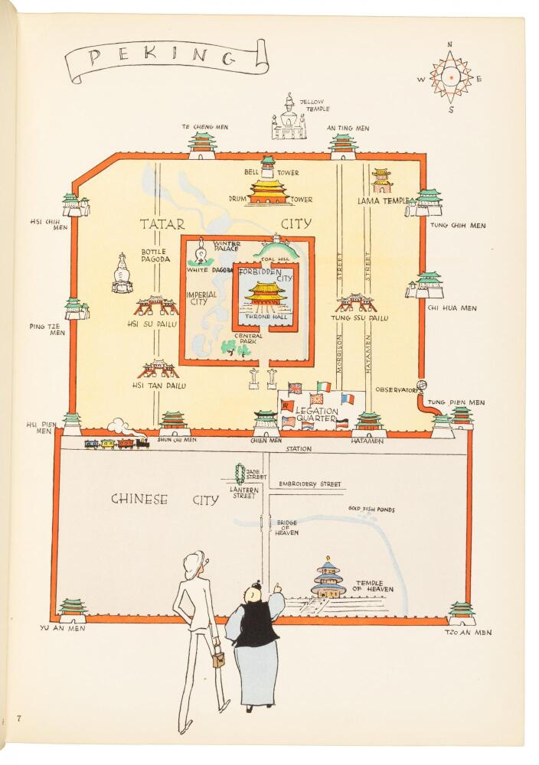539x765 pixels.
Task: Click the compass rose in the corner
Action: (x=451, y=78)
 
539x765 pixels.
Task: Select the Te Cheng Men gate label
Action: (x=205, y=127)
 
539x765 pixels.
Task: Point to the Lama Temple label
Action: (x=383, y=200)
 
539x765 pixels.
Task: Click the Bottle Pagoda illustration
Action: (x=122, y=274)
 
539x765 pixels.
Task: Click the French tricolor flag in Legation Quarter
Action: (x=347, y=399)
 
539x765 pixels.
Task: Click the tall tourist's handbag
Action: (x=217, y=659)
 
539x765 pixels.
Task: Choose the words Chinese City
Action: (x=165, y=500)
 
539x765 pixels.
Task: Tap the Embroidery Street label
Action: (x=310, y=484)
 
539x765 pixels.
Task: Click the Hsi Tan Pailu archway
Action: (x=158, y=369)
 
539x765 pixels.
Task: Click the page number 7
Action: (x=18, y=718)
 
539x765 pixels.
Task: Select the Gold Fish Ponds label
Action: (x=371, y=509)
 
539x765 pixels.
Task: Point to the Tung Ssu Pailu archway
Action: (x=355, y=303)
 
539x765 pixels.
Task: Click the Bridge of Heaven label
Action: (x=286, y=528)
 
